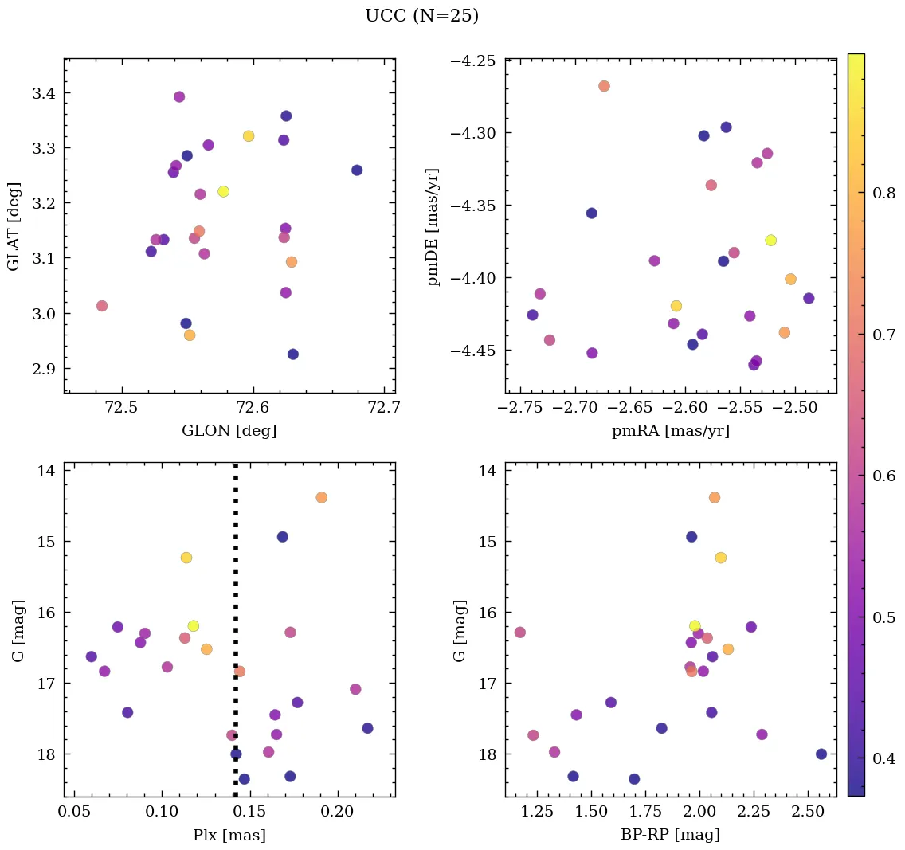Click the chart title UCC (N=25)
coord(421,16)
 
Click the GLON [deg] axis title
coord(229,431)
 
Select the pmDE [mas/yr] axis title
coord(433,226)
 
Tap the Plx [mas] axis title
coord(229,835)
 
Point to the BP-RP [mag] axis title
coord(670,835)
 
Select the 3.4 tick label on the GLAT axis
coord(43,93)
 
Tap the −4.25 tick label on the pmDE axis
coord(474,61)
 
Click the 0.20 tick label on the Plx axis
coord(338,813)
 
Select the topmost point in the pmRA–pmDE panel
coord(604,86)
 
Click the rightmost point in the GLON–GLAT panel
coord(357,170)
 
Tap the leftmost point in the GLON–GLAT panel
coord(102,306)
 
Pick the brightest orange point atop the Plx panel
coord(321,497)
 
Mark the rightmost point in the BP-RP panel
coord(821,754)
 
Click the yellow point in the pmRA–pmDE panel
coord(770,240)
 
